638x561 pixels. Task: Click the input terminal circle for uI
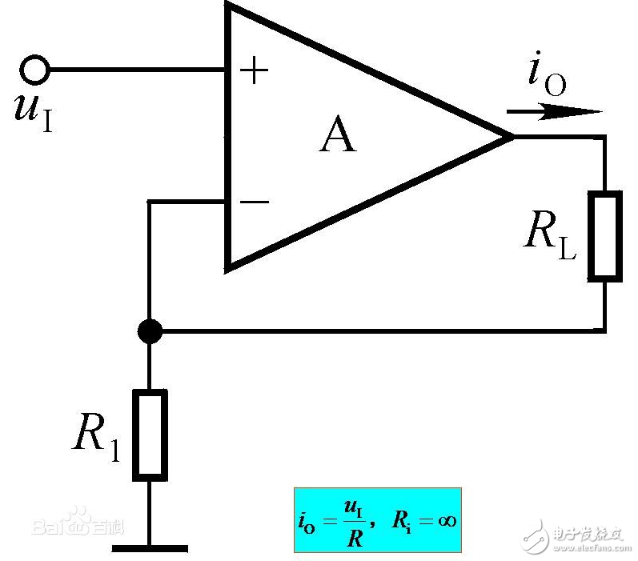34,70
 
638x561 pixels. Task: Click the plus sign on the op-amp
255,72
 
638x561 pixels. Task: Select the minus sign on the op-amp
255,202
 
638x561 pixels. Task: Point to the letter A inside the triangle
337,137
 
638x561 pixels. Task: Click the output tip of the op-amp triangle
511,137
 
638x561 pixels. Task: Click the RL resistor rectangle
605,235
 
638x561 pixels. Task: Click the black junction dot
150,330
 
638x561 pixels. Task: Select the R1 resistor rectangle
150,435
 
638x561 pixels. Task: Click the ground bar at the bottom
150,548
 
